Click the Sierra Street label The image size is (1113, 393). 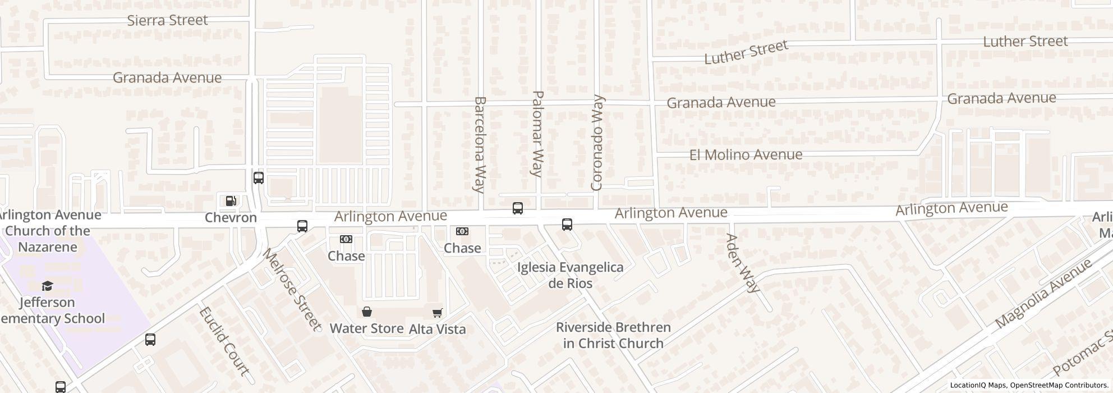point(167,21)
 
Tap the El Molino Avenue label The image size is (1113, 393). point(746,154)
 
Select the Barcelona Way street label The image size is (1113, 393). point(479,144)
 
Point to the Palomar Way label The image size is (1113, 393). point(537,134)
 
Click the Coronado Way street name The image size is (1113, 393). point(597,143)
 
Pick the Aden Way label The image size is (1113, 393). point(743,263)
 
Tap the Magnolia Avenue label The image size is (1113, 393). point(1043,294)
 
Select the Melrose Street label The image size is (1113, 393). point(292,289)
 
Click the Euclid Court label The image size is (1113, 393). point(223,341)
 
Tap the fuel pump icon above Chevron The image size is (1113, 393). point(231,201)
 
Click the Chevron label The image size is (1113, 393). point(231,218)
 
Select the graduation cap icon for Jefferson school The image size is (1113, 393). point(48,286)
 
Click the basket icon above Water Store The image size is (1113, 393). point(366,312)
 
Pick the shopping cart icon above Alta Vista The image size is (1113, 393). point(437,313)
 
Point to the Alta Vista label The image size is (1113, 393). point(437,329)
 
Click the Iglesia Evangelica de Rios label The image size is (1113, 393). point(570,275)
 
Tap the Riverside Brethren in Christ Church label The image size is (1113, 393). point(613,335)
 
